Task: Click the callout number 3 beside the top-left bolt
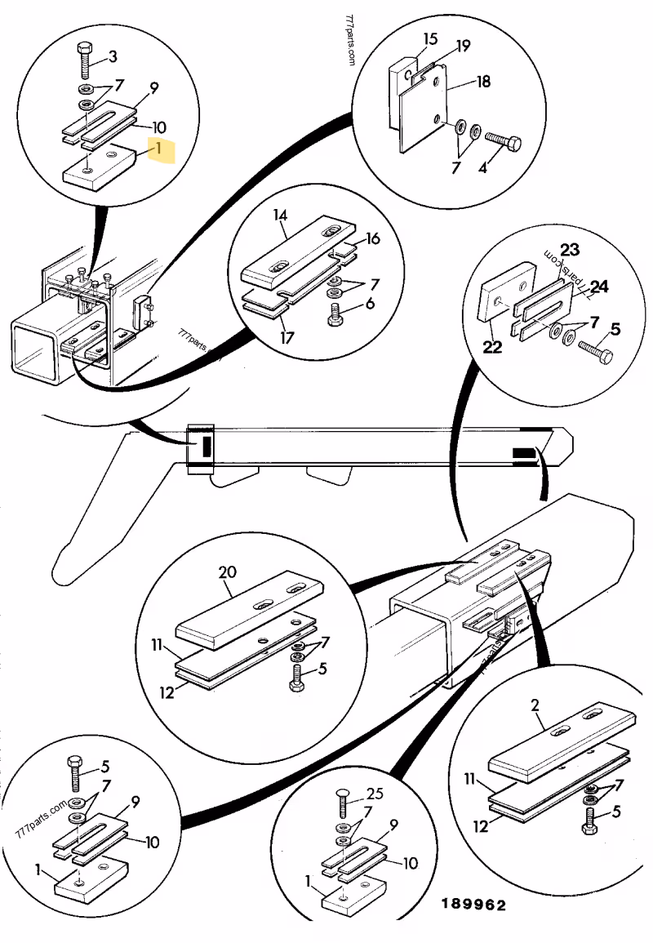113,56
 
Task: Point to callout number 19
463,47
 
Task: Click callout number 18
483,82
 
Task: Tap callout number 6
371,303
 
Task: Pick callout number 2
536,705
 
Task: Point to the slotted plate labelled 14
302,259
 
